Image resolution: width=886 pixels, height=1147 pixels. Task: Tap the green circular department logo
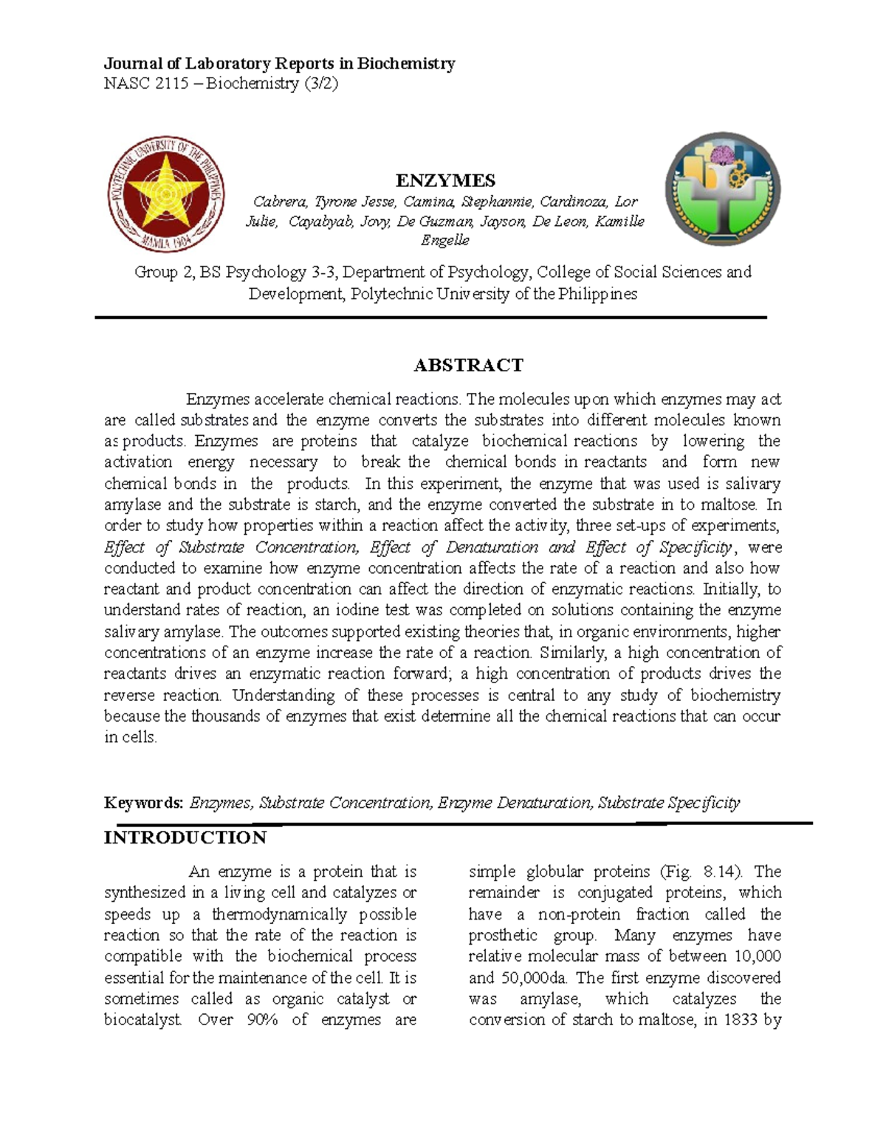point(722,191)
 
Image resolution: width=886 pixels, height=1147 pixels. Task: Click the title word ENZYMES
point(445,181)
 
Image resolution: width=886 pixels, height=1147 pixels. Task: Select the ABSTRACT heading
point(468,365)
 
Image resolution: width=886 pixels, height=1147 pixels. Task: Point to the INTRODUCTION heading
point(185,838)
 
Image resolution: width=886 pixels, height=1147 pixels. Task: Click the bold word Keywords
point(143,803)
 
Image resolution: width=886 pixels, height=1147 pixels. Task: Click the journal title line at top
point(279,64)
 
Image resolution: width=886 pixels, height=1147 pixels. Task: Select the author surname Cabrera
point(278,202)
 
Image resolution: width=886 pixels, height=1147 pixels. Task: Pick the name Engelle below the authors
point(444,241)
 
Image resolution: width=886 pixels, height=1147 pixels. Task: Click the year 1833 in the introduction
point(741,1020)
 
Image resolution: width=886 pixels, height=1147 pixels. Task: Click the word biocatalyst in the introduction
point(143,1020)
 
